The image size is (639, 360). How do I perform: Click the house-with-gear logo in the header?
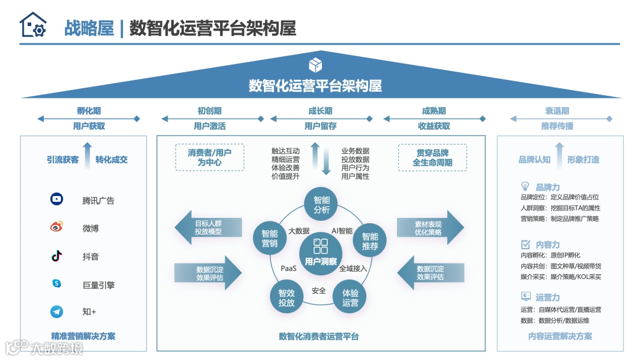click(33, 25)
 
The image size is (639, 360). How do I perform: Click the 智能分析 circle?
click(322, 204)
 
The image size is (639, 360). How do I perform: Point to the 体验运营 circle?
click(350, 298)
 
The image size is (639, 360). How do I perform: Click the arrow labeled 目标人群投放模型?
click(208, 227)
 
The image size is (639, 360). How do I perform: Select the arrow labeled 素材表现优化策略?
click(430, 227)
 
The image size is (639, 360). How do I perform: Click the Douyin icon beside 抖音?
click(57, 256)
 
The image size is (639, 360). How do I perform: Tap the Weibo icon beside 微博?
click(57, 227)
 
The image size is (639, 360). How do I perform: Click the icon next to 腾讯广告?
click(57, 200)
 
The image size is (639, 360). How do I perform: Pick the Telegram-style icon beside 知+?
click(57, 311)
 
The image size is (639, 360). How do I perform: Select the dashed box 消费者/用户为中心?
click(209, 157)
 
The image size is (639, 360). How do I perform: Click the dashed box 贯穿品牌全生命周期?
click(433, 157)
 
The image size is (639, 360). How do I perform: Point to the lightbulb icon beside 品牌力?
click(525, 187)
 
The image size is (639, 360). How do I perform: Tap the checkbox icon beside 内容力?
click(525, 244)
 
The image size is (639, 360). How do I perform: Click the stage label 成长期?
click(320, 111)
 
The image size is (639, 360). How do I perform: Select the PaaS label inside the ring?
click(289, 269)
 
